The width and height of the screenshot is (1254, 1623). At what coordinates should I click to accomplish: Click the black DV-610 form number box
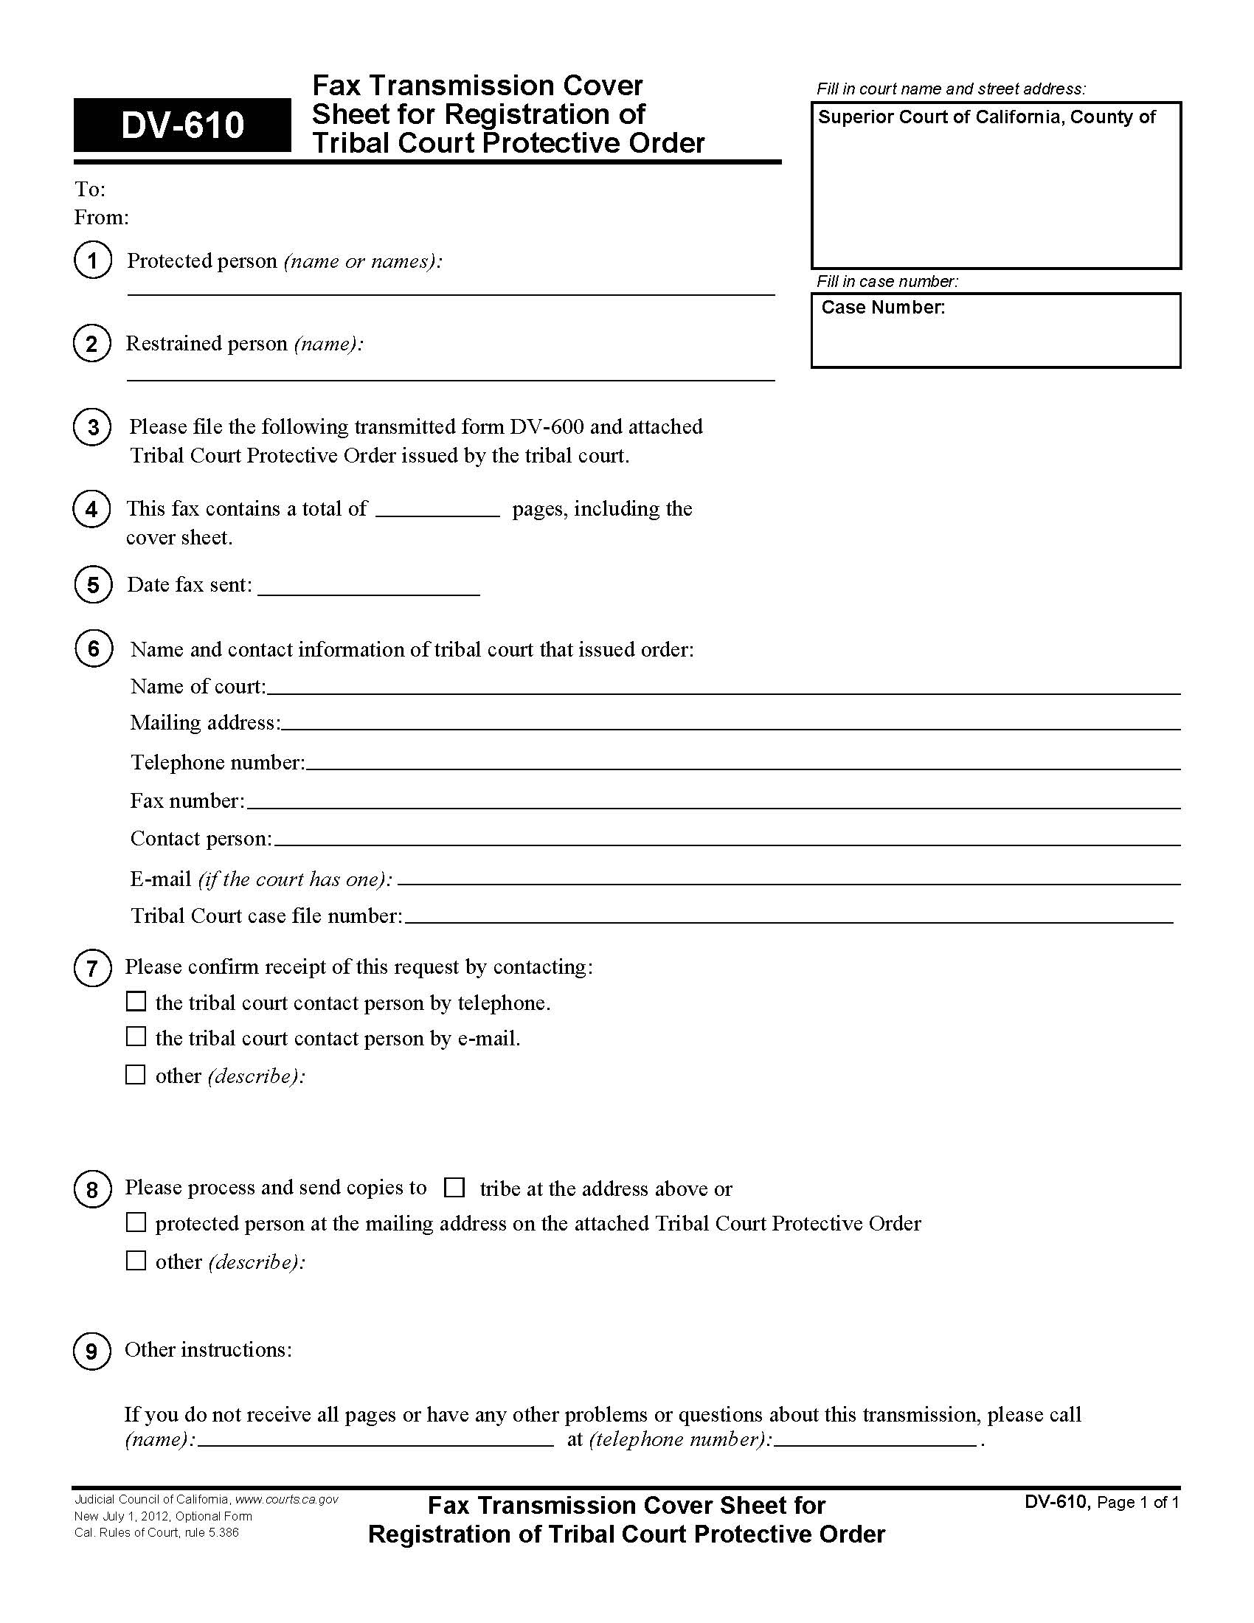coord(182,125)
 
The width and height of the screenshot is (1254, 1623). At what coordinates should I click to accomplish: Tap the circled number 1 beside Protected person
coord(93,260)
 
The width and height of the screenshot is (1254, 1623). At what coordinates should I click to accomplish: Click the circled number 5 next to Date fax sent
coord(93,585)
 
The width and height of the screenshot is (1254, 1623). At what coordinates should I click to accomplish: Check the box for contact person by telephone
coord(136,1002)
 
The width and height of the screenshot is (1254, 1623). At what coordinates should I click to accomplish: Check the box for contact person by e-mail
coord(136,1037)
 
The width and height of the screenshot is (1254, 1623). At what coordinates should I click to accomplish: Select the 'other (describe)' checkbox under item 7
coord(136,1075)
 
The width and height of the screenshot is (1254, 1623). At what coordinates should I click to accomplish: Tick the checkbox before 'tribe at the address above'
coord(454,1188)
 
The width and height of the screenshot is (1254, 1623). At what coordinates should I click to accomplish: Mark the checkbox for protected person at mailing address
coord(136,1222)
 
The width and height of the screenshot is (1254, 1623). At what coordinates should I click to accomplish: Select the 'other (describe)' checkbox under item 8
coord(136,1260)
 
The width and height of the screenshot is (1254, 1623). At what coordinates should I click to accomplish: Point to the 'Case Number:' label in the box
coord(882,308)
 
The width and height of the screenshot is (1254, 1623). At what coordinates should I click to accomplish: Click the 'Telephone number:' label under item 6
coord(218,763)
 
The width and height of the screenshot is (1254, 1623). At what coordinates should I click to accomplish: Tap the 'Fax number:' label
coord(187,800)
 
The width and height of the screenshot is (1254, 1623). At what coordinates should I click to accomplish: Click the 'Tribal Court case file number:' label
coord(266,916)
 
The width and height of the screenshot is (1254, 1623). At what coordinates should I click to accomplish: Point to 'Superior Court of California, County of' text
coord(986,117)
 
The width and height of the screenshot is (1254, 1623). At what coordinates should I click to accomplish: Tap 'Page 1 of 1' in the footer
coord(1137,1503)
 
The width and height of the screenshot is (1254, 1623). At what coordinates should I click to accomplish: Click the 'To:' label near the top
coord(90,190)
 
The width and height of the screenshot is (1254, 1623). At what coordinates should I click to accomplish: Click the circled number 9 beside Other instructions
coord(92,1350)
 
